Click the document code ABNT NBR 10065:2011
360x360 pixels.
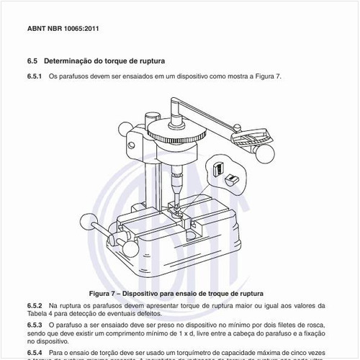click(62, 30)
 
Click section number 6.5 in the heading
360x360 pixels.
click(32, 61)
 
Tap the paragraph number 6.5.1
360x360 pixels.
click(35, 76)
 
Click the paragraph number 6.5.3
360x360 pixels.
click(35, 325)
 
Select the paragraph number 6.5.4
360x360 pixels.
click(35, 345)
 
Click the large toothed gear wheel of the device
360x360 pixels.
click(177, 136)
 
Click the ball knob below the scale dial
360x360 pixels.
click(264, 154)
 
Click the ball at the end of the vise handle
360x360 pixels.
click(89, 222)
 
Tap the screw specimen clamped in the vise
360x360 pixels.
click(176, 204)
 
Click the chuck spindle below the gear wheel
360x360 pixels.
click(176, 180)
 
